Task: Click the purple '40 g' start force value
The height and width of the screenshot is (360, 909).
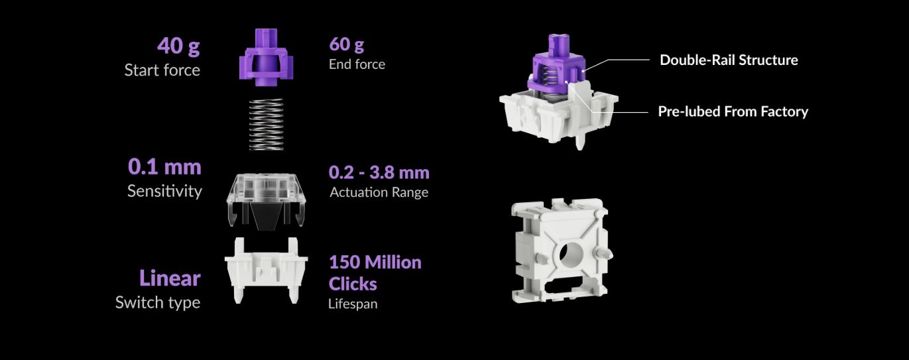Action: pos(178,46)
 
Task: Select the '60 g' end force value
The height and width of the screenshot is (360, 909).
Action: pos(346,44)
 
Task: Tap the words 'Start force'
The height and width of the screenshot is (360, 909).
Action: pos(162,70)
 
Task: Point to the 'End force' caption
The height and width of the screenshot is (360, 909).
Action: pos(357,64)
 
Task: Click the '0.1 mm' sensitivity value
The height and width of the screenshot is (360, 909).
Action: pos(164,166)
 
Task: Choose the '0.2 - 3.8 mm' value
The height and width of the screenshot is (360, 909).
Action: pos(379,172)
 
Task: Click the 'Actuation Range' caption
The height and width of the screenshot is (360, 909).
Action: pos(379,192)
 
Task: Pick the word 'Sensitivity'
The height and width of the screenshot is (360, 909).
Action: pos(164,191)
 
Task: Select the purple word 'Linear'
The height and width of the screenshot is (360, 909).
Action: pos(169,278)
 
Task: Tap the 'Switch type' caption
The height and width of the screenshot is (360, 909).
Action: pos(158,302)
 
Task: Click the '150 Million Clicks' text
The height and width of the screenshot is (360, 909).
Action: pos(375,272)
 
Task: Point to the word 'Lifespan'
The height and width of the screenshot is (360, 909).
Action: pos(353,304)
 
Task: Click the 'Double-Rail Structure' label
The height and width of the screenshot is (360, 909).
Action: pos(729,60)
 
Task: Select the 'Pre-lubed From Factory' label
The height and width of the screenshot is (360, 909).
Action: pos(733,111)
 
